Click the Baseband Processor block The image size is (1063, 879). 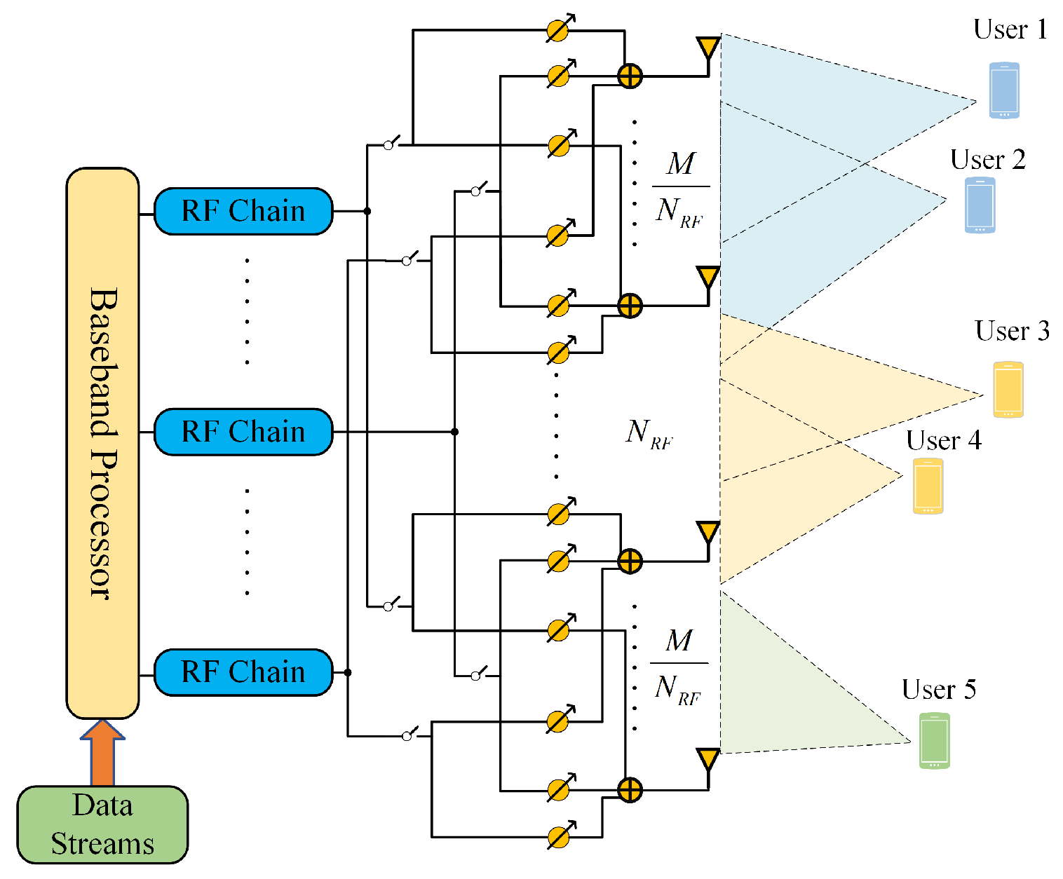(x=103, y=443)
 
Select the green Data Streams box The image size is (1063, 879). (x=102, y=824)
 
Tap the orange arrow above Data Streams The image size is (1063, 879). (x=102, y=752)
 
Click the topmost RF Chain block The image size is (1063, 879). (x=243, y=211)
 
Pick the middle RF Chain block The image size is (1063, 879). (x=243, y=432)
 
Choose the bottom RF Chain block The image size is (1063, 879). (x=243, y=672)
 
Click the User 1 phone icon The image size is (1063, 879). (x=1004, y=90)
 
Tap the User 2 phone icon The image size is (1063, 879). (x=980, y=205)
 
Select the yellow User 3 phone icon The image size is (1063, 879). (x=1008, y=390)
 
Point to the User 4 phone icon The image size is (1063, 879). (x=928, y=486)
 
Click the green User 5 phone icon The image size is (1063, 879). (x=934, y=740)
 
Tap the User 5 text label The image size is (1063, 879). (x=939, y=689)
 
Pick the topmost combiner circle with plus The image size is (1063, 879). (x=630, y=76)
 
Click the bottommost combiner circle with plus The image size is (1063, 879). (x=630, y=791)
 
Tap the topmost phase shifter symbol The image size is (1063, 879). (x=560, y=29)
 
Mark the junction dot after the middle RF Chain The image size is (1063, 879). (x=454, y=432)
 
